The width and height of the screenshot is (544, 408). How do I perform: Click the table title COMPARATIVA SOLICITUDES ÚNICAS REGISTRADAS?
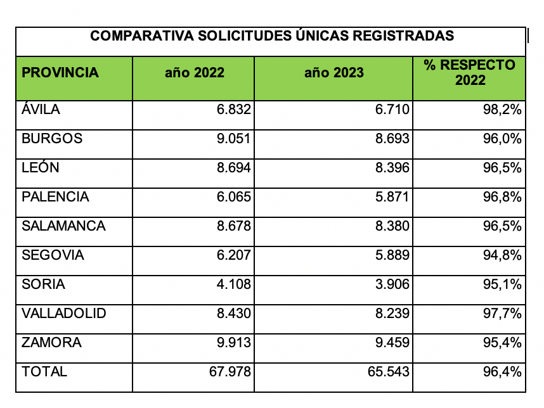tap(272, 36)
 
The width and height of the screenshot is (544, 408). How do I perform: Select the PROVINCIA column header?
tap(60, 73)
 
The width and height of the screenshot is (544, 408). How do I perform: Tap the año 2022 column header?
tap(194, 73)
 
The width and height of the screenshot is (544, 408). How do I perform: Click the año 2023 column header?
tap(334, 73)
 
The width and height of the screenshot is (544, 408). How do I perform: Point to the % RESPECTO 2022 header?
tap(470, 72)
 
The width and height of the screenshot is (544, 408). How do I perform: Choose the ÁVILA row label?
tap(41, 110)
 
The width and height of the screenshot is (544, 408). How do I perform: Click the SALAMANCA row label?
tap(63, 226)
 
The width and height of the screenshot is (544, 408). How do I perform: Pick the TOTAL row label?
tap(44, 372)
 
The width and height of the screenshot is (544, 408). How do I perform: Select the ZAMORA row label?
tap(51, 343)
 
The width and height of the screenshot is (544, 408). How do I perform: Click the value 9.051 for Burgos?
tap(234, 139)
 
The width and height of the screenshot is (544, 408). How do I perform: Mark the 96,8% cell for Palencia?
tap(502, 197)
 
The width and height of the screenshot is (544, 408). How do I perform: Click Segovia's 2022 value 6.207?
tap(234, 255)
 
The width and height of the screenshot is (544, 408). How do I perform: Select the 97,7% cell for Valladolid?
tap(502, 314)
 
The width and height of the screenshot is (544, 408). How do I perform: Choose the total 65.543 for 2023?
tap(388, 372)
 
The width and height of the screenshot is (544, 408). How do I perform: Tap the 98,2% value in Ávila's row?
tap(502, 110)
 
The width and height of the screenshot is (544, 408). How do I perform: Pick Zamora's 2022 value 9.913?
tap(234, 343)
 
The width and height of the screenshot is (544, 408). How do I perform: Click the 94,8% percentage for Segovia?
tap(502, 255)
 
